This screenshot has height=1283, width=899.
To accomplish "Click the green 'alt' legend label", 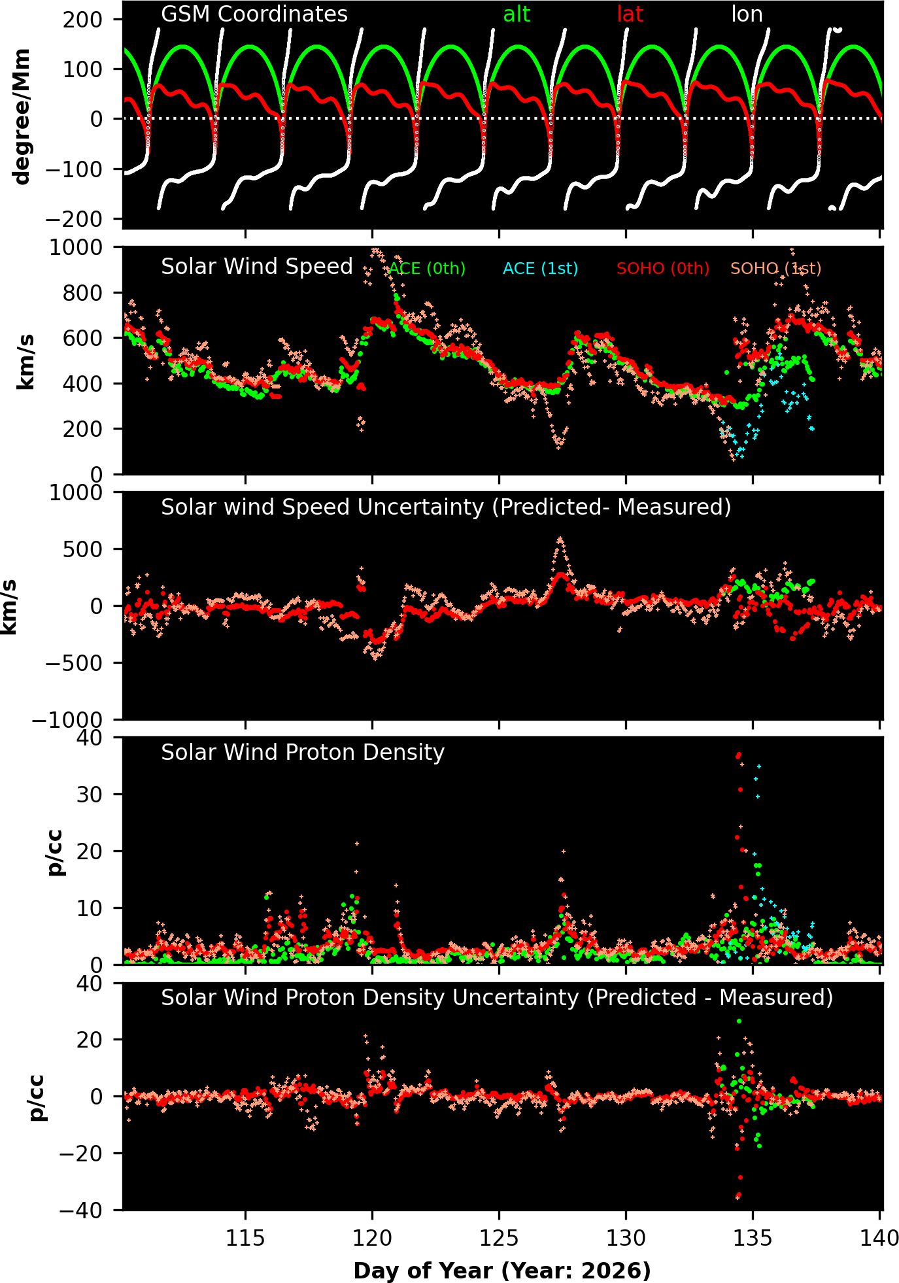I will click(517, 14).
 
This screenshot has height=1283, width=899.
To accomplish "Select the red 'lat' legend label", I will click(630, 14).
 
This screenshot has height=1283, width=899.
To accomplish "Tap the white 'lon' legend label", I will click(747, 14).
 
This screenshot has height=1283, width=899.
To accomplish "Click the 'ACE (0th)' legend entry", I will click(427, 269).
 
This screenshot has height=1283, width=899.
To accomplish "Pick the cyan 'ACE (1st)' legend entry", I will click(540, 269).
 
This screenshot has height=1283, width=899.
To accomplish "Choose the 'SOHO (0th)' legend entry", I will click(663, 269).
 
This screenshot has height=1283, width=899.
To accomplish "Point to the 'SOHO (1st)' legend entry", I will click(775, 269).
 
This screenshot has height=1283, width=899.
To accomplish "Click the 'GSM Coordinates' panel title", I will click(254, 14).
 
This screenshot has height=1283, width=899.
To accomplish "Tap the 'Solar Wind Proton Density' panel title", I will click(303, 753).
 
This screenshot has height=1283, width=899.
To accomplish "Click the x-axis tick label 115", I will click(245, 1239).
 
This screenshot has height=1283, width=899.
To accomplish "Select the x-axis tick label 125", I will click(499, 1239).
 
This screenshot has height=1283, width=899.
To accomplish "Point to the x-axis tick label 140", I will click(879, 1239).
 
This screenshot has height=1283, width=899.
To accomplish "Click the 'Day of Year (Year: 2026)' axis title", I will click(502, 1271).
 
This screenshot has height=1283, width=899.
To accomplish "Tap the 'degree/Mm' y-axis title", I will click(22, 116).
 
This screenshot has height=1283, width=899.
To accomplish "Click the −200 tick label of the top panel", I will click(74, 219).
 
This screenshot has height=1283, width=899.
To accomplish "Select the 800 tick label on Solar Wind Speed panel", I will click(84, 293).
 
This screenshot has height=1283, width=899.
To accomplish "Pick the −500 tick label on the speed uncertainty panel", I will click(74, 663).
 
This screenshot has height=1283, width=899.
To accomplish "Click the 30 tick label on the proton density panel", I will click(93, 795).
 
